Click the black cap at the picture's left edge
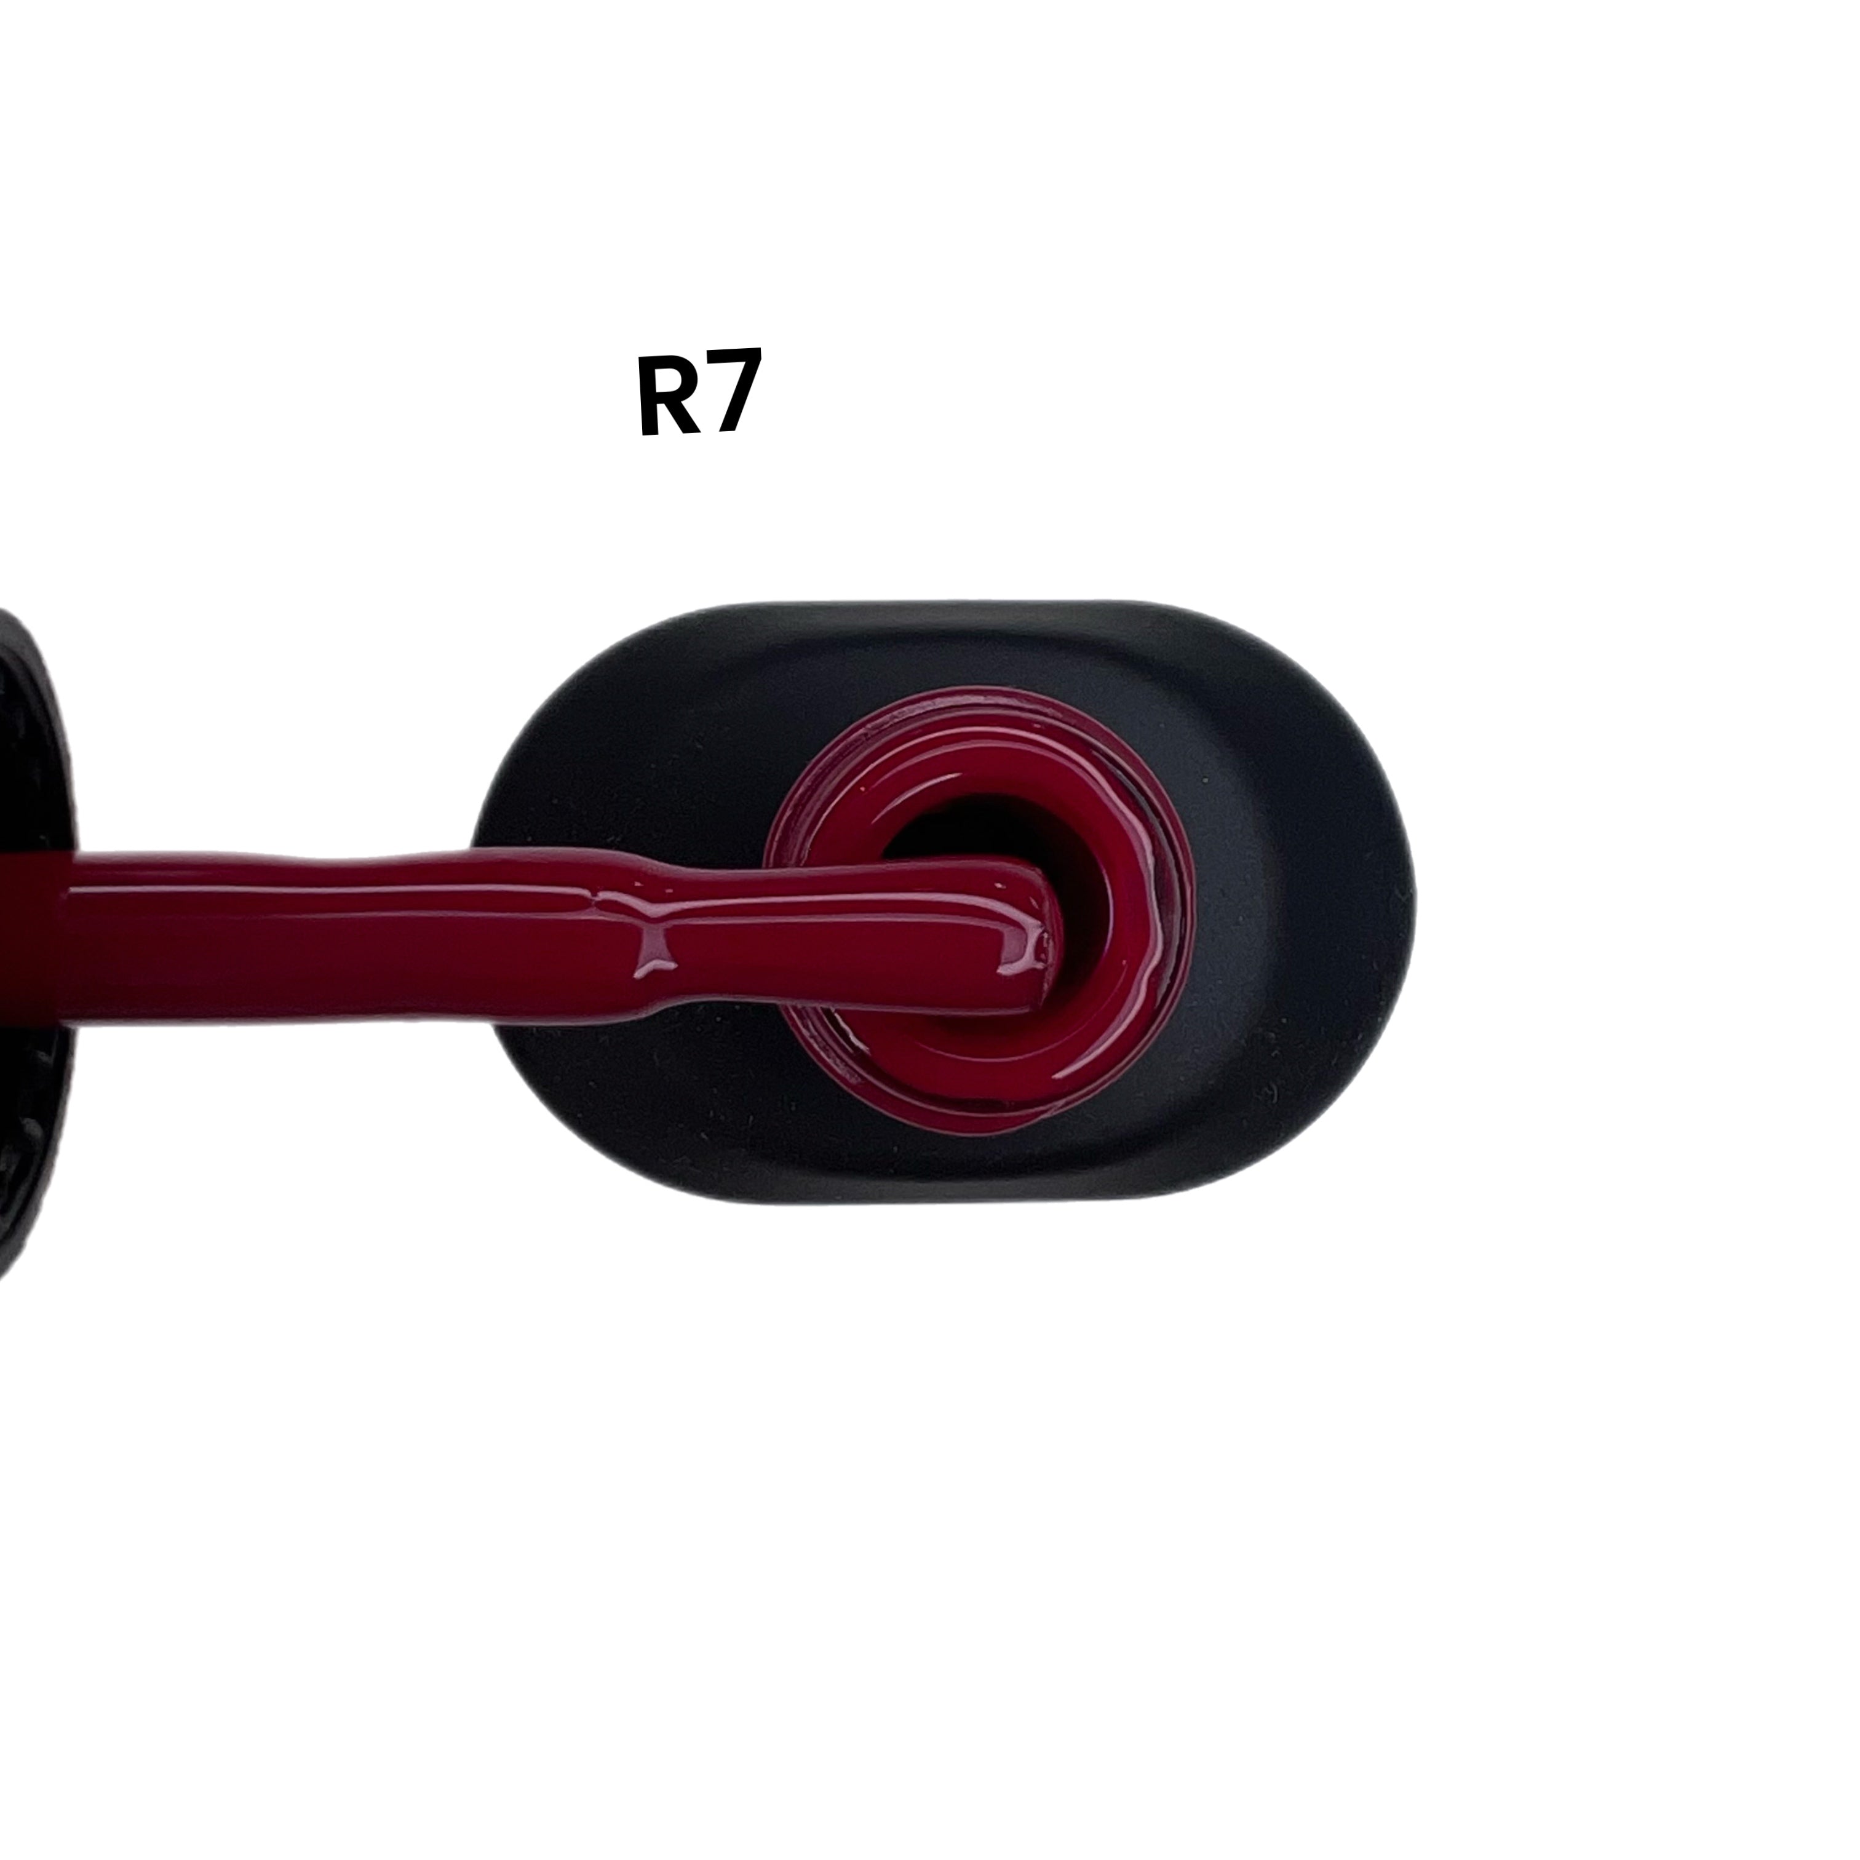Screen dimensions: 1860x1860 click(x=34, y=944)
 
